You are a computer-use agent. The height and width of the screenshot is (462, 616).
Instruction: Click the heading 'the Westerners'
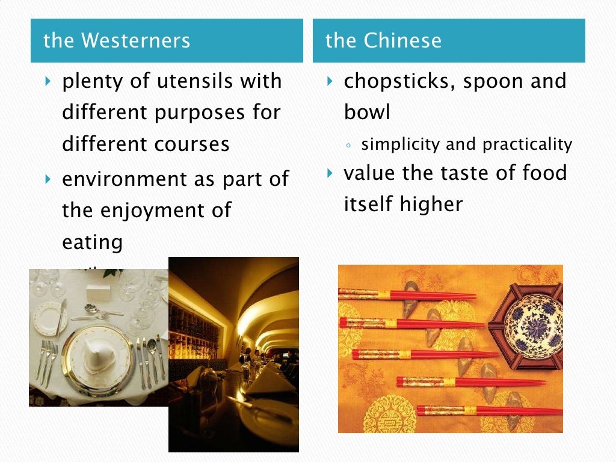coord(117,41)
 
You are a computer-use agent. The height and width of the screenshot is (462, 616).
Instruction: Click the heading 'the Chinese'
coord(383,41)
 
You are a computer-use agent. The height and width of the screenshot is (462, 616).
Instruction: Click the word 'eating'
coord(93,242)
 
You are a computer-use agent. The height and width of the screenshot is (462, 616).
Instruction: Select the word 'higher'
coord(433,205)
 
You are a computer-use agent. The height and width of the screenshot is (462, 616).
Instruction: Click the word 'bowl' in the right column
coord(367,112)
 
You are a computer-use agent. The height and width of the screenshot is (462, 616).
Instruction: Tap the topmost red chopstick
coord(409,295)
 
